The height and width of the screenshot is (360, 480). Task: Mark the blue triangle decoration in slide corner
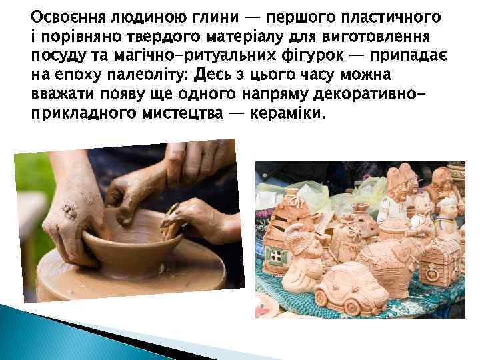tap(40, 333)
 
